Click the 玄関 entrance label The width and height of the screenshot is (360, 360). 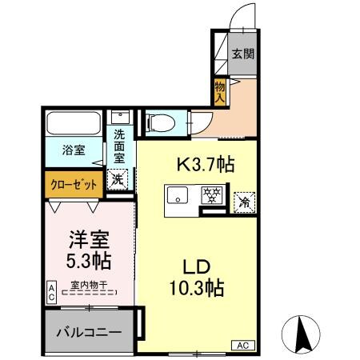244,54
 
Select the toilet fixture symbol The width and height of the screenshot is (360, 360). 159,123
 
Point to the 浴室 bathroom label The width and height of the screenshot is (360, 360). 73,148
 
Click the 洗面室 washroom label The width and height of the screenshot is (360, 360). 119,146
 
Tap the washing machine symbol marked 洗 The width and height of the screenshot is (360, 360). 118,179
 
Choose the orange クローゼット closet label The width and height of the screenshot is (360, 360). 73,183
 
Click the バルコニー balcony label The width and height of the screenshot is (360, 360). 88,331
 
